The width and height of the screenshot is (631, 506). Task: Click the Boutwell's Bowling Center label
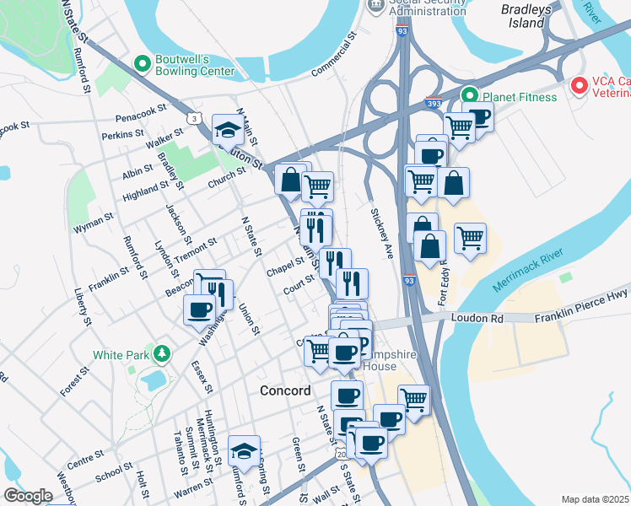coord(193,66)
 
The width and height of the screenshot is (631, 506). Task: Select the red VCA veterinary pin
coord(579,85)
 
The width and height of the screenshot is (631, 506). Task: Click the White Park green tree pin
coord(159,353)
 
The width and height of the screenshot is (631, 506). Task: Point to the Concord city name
coord(285,390)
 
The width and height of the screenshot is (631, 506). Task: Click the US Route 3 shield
coord(195,118)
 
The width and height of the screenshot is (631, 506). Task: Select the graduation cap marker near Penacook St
coord(227,129)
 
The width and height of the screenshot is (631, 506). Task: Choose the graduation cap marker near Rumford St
coord(244,450)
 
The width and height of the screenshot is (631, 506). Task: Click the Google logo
coord(28,496)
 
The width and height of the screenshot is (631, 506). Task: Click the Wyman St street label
coord(93,222)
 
